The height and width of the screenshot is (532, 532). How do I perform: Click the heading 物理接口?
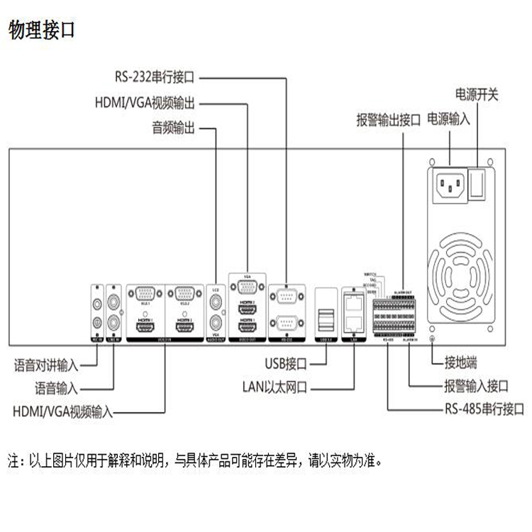coord(41,31)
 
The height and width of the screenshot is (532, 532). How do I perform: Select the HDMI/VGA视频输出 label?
coord(146,102)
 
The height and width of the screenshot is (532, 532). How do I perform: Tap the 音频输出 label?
coord(173,129)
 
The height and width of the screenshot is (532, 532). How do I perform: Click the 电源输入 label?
coord(449,118)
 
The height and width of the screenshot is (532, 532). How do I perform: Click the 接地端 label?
coord(464,363)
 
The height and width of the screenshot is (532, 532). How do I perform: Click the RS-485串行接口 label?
coord(484,409)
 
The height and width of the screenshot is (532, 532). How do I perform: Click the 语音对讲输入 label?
coord(46,365)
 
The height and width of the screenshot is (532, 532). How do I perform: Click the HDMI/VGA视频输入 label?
coord(62,411)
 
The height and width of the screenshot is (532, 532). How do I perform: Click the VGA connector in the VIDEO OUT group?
coord(247,287)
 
